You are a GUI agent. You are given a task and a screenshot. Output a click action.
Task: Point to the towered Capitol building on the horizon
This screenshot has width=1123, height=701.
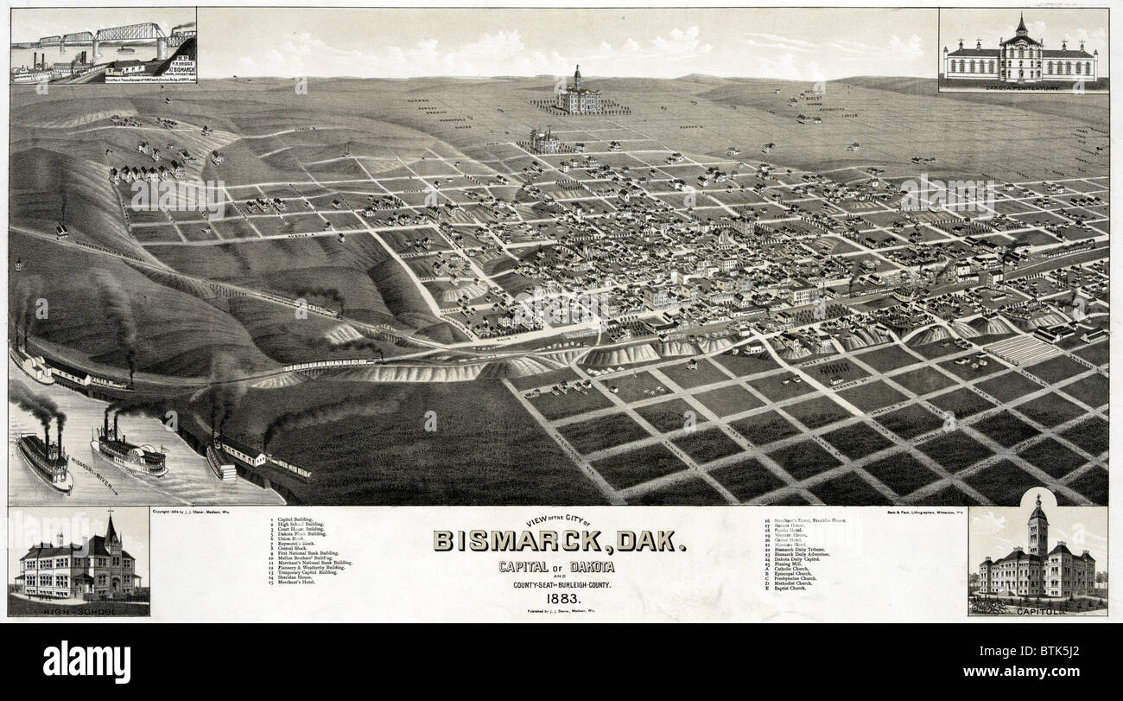coord(578,92)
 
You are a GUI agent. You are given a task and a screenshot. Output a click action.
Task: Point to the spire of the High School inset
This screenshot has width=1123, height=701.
coord(111,529)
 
